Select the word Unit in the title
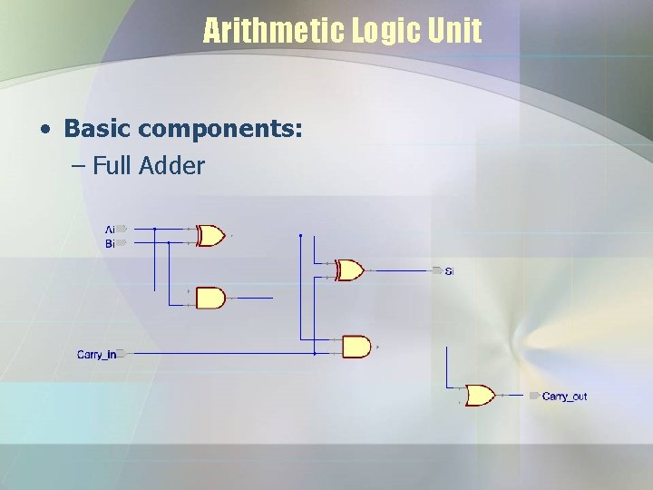tap(456, 32)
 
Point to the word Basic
tap(98, 129)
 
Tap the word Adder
tap(173, 166)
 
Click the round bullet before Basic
tap(44, 130)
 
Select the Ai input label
tap(110, 230)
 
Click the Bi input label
tap(110, 243)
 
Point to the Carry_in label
tap(96, 355)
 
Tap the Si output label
tap(450, 271)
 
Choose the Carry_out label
tap(564, 397)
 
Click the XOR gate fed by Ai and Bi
tap(210, 236)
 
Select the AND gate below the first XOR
tap(210, 298)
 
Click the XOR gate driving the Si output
tap(349, 270)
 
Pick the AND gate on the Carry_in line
tap(356, 347)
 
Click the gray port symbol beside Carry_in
tap(120, 354)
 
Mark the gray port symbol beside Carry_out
tap(534, 397)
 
